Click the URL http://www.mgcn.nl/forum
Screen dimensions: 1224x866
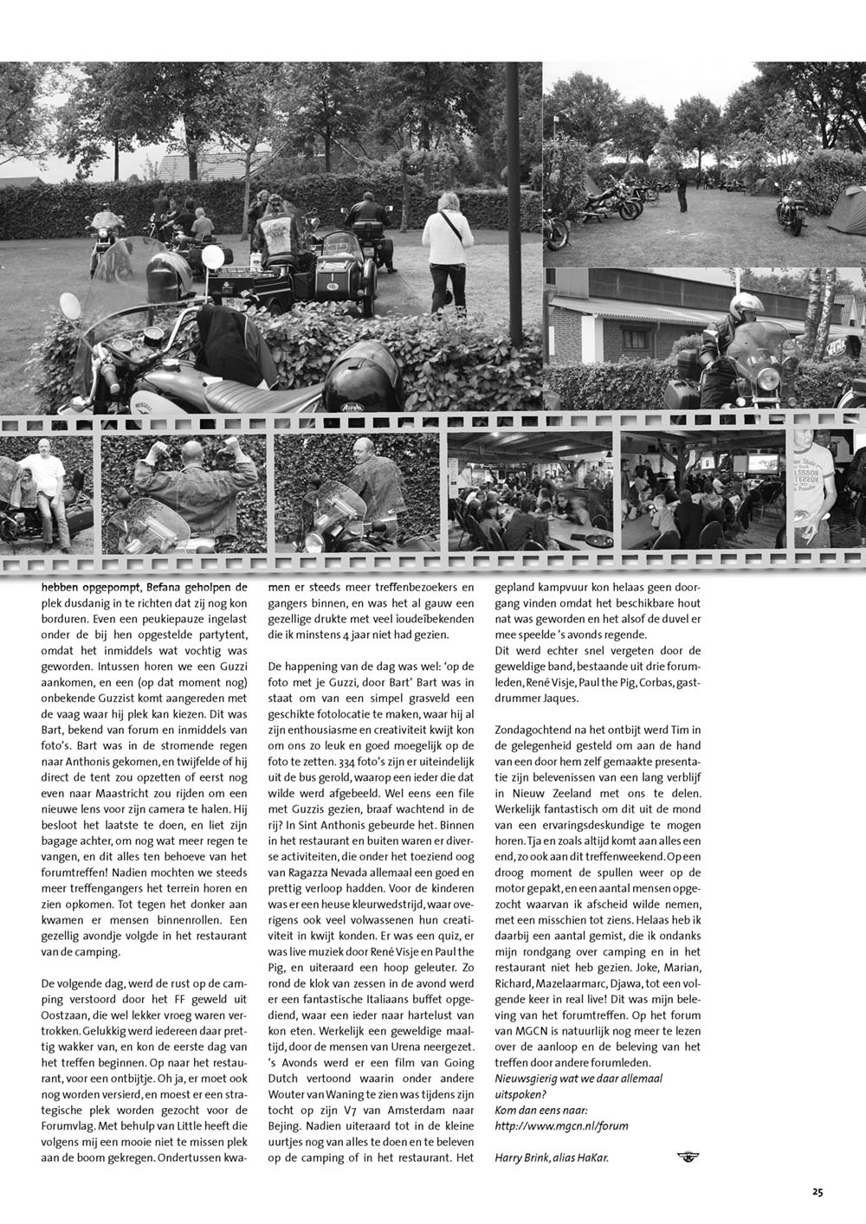click(x=560, y=1125)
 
